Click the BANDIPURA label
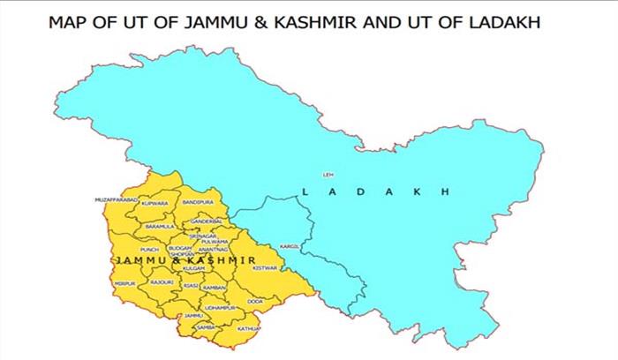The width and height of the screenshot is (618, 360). [x=197, y=203]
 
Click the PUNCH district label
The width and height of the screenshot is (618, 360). [x=149, y=250]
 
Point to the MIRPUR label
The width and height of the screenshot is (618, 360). [x=124, y=283]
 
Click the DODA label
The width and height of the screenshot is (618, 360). [x=255, y=302]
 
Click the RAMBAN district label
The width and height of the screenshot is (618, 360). [x=216, y=288]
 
